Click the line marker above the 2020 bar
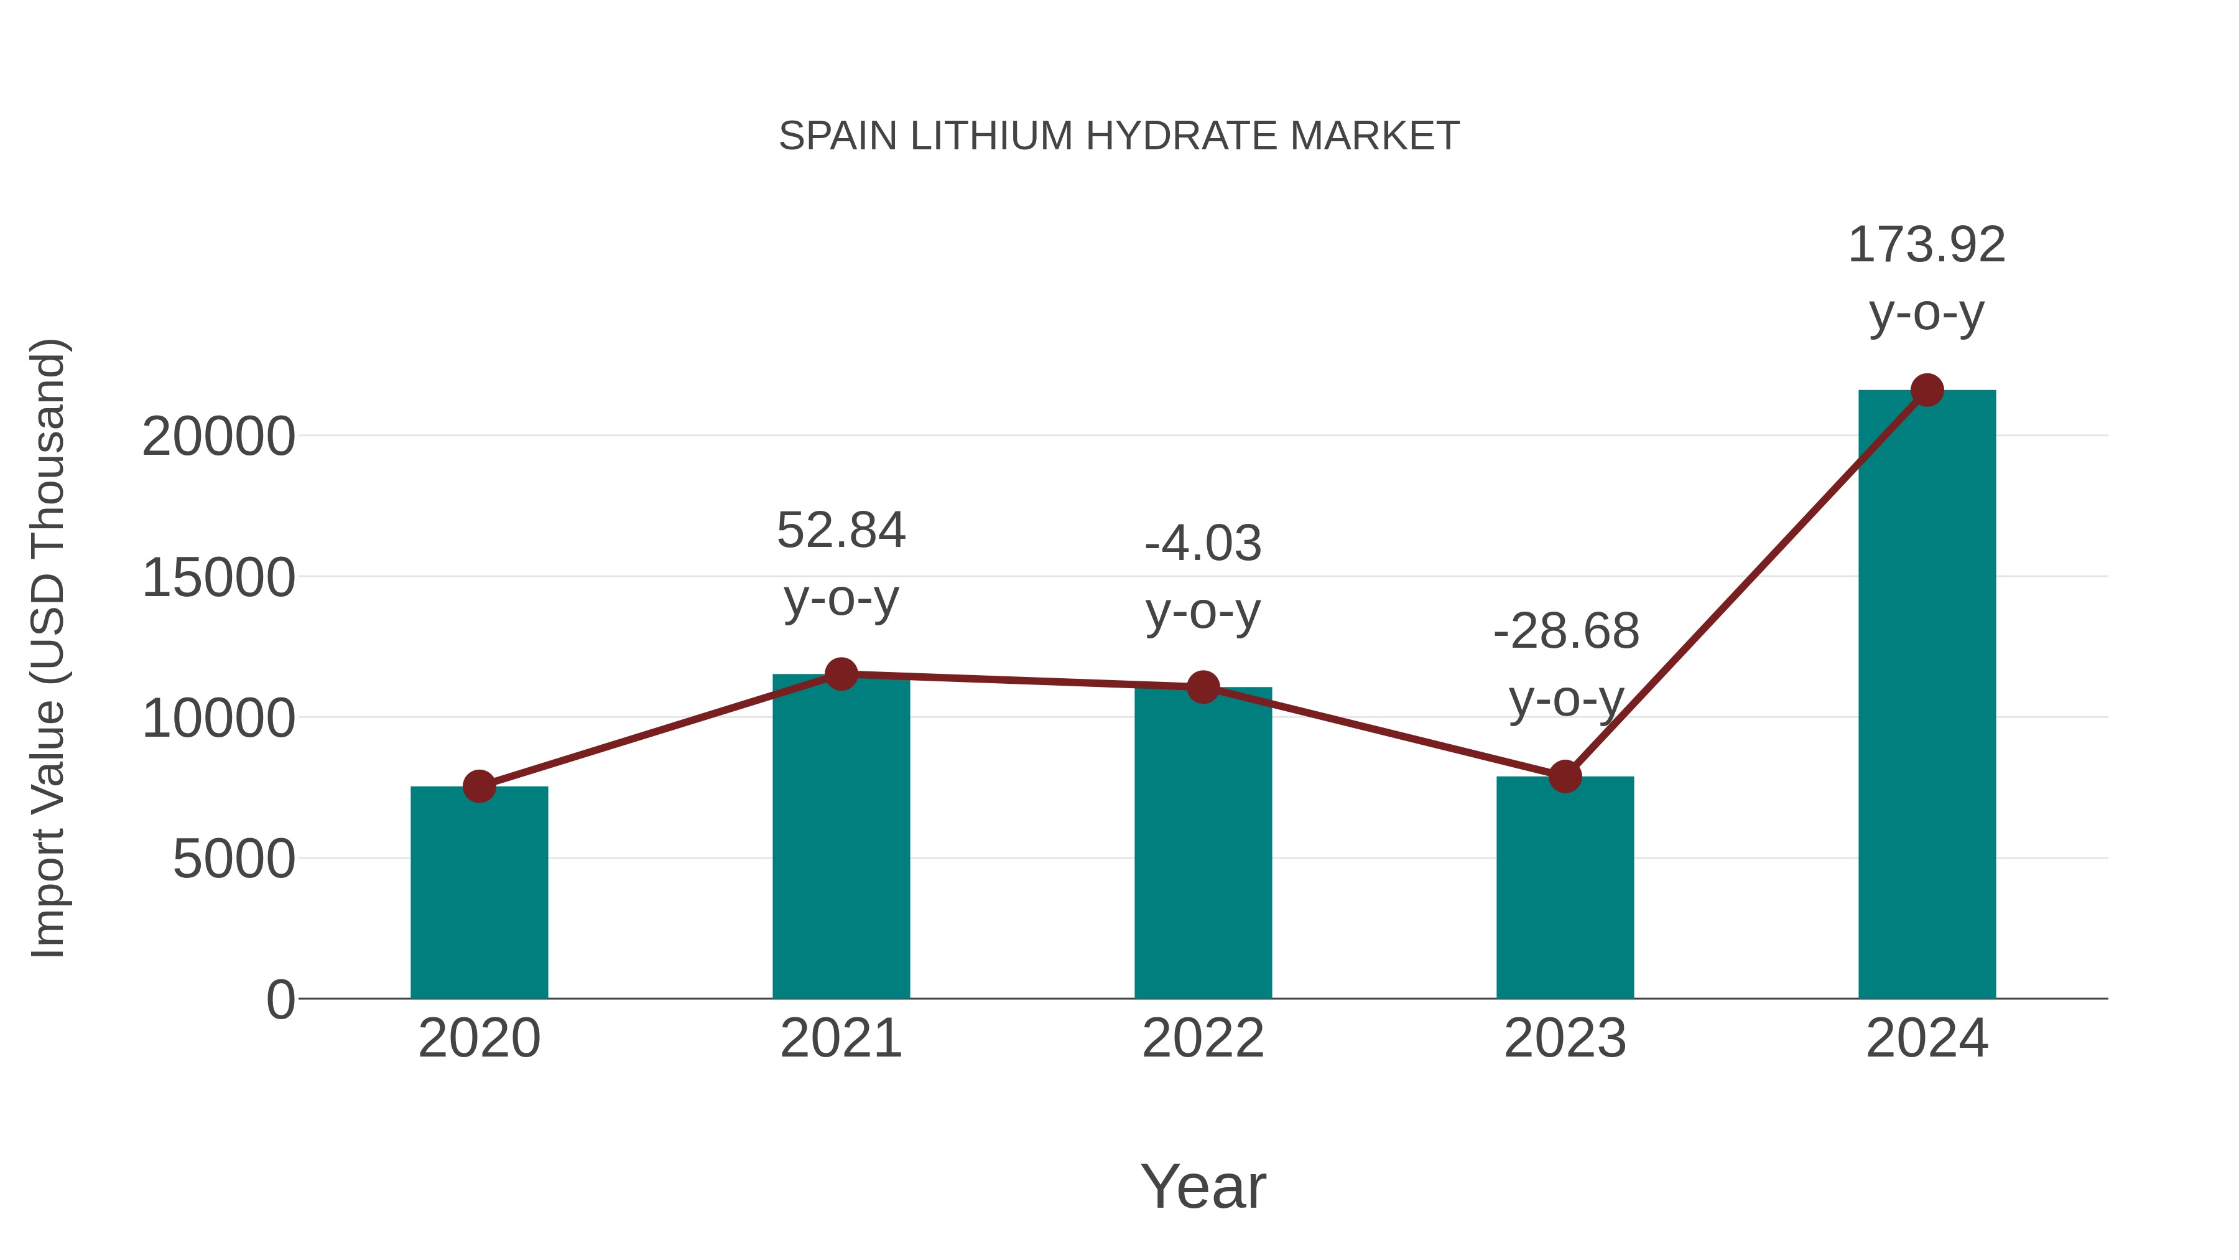[x=479, y=786]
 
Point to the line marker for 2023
[x=1565, y=776]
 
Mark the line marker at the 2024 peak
[x=1927, y=390]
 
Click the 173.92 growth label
[x=1926, y=245]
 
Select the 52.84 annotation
[x=840, y=530]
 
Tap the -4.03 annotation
[x=1203, y=544]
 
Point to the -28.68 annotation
[x=1565, y=632]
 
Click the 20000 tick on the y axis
[x=218, y=437]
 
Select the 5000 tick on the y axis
[x=234, y=859]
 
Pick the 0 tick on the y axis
[x=280, y=1000]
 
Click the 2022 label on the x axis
[x=1203, y=1038]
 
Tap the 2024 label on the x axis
[x=1927, y=1038]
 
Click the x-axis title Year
[x=1203, y=1187]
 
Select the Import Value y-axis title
[x=49, y=648]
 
